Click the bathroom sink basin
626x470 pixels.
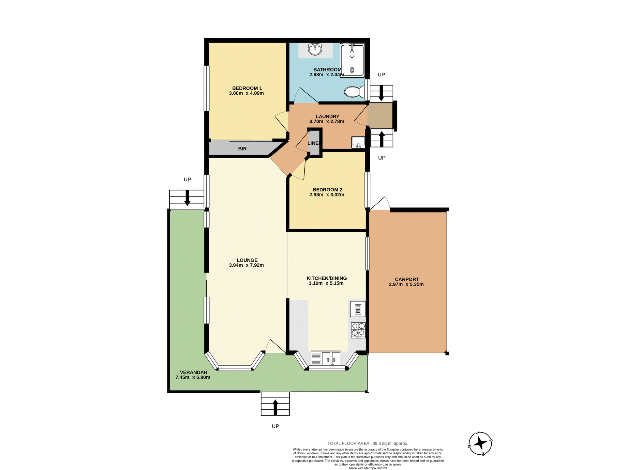(315, 50)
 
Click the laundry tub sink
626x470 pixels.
(358, 142)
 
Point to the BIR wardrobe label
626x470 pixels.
(242, 149)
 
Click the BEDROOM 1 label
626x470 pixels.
(247, 88)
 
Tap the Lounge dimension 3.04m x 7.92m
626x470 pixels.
(246, 265)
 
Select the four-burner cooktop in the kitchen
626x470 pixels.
(358, 330)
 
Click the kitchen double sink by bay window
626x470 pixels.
(326, 358)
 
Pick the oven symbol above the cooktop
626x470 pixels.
(358, 309)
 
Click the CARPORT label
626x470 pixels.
(407, 279)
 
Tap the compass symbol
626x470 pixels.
(480, 443)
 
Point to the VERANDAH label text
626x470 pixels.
(193, 372)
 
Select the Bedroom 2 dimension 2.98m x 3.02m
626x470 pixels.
(327, 195)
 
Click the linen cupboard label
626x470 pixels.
(313, 143)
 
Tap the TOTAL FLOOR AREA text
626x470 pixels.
(367, 443)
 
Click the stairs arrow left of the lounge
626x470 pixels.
(187, 197)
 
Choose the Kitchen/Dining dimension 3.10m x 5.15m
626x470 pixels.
(326, 283)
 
